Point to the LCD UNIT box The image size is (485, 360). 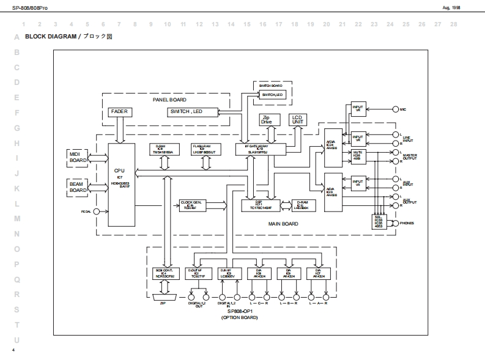coord(297,119)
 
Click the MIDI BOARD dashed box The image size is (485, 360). coord(78,157)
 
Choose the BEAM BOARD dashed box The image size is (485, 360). coord(78,186)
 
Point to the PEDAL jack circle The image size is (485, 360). coord(96,212)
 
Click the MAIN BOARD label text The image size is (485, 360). coord(283,224)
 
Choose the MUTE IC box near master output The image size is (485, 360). coord(357,155)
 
